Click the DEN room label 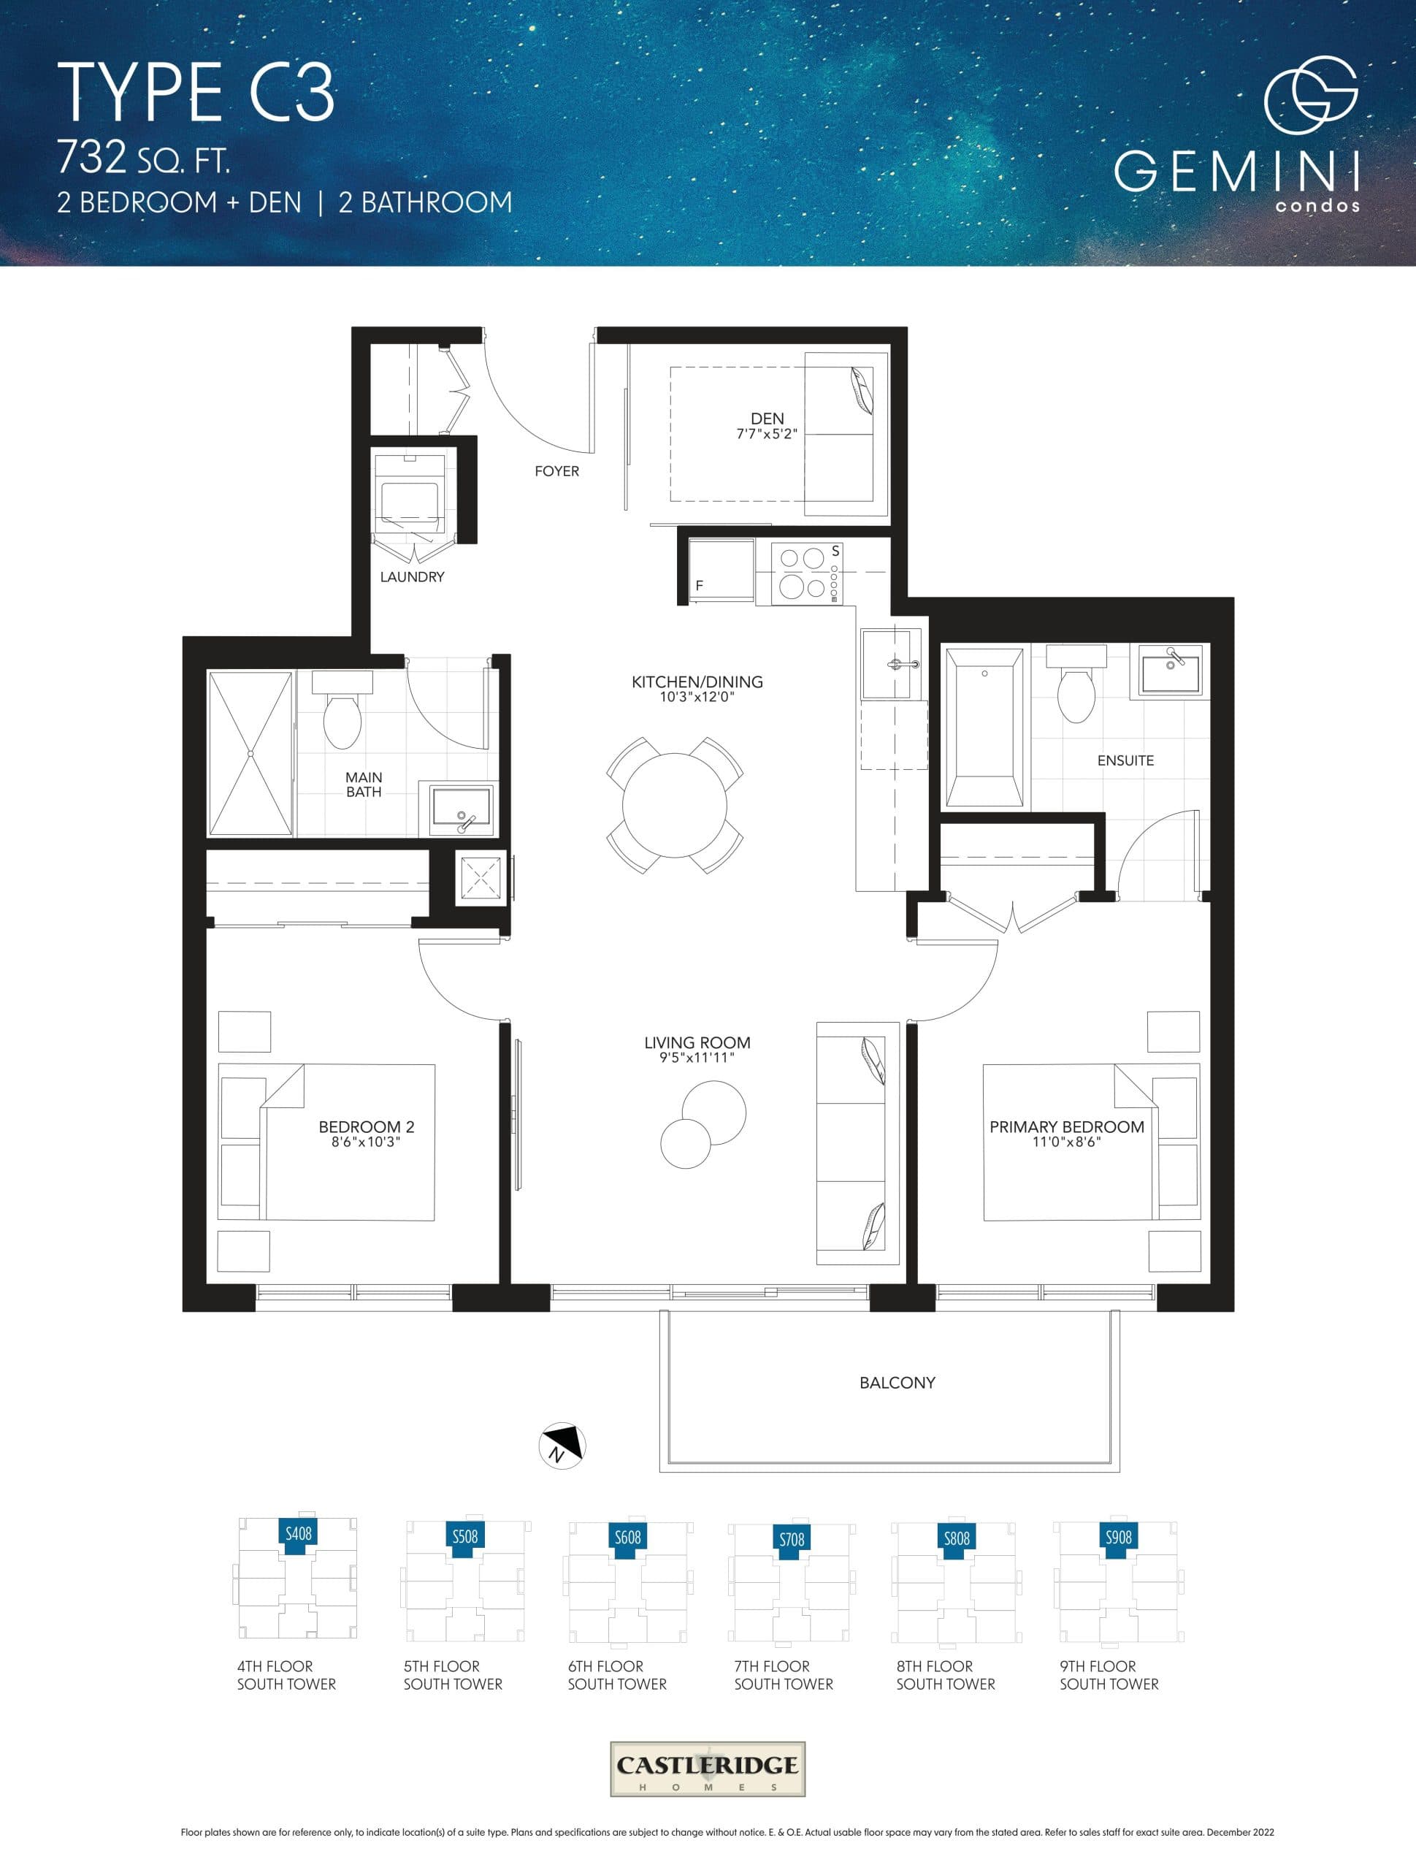coord(767,419)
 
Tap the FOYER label coord(556,471)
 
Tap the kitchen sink coord(890,663)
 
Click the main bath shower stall coord(251,753)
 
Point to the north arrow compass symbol coord(562,1446)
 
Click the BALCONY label coord(897,1383)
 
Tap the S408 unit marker coord(299,1533)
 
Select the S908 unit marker coord(1119,1537)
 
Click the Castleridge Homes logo coord(708,1768)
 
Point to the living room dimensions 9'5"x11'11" coord(697,1058)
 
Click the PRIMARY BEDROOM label coord(1066,1127)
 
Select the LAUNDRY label coord(412,576)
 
